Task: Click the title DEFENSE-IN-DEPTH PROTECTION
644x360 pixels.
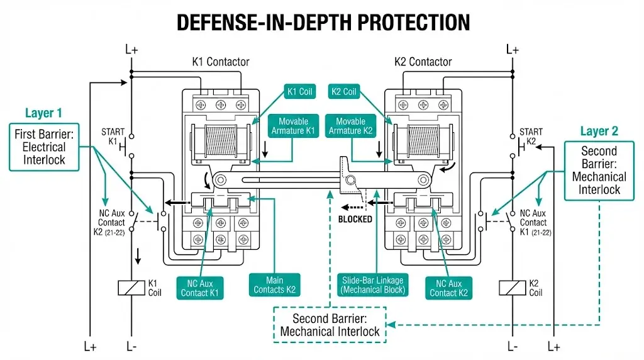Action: (322, 23)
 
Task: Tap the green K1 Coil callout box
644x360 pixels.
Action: (299, 92)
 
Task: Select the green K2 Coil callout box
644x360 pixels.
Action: (343, 92)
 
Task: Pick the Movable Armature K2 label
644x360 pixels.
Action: (350, 127)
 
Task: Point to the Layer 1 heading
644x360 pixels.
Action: (43, 113)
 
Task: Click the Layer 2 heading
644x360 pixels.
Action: (599, 131)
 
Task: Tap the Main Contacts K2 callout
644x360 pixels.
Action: (275, 285)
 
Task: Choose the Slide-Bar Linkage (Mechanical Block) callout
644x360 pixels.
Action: (373, 285)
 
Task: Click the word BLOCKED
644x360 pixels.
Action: (355, 220)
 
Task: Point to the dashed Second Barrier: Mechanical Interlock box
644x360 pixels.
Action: (330, 325)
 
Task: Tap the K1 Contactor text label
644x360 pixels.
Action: (220, 62)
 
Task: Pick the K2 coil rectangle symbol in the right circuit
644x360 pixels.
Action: (512, 288)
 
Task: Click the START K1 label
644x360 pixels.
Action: (113, 137)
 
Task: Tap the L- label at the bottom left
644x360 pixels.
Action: (131, 346)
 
